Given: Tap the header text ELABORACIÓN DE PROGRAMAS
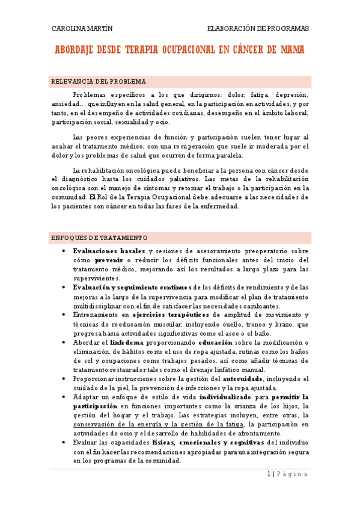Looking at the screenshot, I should pyautogui.click(x=258, y=28).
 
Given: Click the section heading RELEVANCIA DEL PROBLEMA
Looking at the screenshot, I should pyautogui.click(x=99, y=81).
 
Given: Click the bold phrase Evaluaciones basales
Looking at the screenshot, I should pyautogui.click(x=109, y=251).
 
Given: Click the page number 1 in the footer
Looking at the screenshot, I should pyautogui.click(x=269, y=474).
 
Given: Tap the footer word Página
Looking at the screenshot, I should pyautogui.click(x=294, y=474).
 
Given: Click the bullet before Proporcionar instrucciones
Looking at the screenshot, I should pyautogui.click(x=64, y=379).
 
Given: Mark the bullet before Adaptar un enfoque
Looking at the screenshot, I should pyautogui.click(x=64, y=398).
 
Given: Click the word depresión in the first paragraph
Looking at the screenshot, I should pyautogui.click(x=292, y=94).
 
